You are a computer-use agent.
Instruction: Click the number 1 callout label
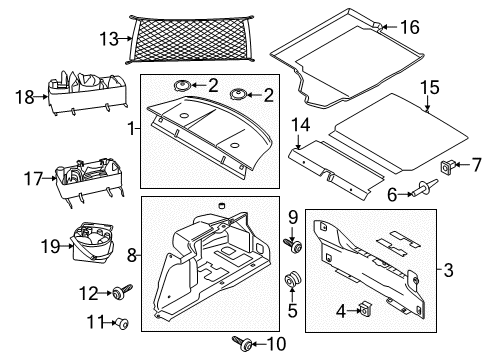tap(131, 129)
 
